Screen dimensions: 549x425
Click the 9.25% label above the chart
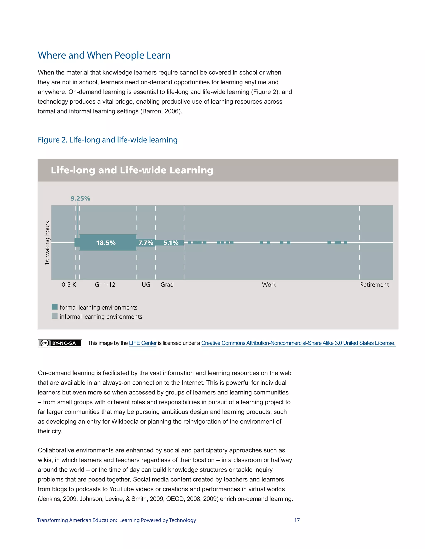[x=80, y=199]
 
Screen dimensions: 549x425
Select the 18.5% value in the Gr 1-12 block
[x=106, y=243]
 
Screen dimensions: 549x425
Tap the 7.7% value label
[x=146, y=243]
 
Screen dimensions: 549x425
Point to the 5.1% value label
[x=171, y=243]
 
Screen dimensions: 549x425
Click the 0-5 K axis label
[x=69, y=285]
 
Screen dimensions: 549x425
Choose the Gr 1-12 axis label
[x=105, y=285]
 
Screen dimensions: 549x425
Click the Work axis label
[x=269, y=285]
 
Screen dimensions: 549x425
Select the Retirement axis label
[x=374, y=285]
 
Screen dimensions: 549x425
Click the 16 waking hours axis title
[x=47, y=243]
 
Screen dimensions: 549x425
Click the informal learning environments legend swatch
[x=54, y=316]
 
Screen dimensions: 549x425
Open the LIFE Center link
[x=143, y=343]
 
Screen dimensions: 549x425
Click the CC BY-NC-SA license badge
[x=60, y=343]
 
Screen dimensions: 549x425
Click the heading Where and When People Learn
[x=104, y=55]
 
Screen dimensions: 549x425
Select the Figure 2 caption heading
[x=107, y=140]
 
